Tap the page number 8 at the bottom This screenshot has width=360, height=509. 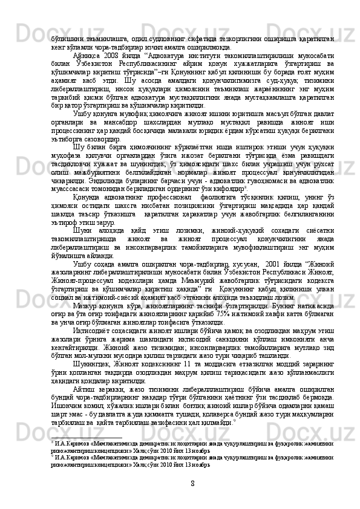coord(191,484)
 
